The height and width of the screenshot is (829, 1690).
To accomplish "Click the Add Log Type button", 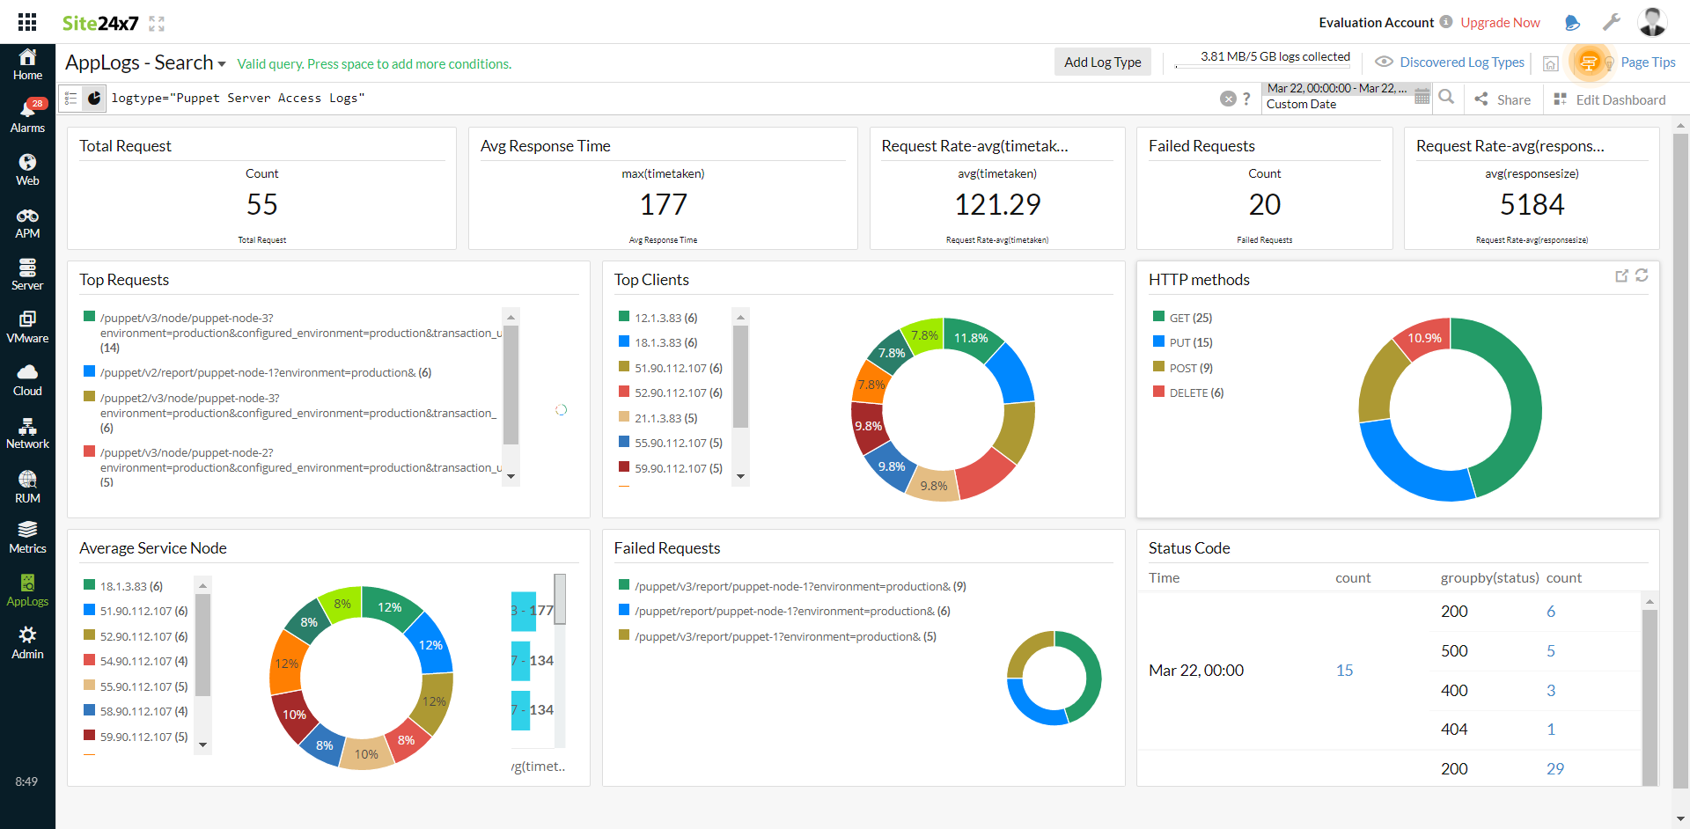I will (x=1102, y=62).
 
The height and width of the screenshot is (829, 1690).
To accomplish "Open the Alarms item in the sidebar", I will (x=27, y=115).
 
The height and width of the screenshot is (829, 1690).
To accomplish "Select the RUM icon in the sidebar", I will (x=27, y=486).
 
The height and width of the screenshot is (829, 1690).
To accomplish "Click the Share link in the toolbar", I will (x=1503, y=99).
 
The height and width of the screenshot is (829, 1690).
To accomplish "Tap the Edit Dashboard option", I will (x=1610, y=99).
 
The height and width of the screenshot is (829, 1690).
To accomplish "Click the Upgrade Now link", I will (x=1500, y=23).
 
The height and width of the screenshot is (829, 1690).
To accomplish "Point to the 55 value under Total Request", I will (x=262, y=204).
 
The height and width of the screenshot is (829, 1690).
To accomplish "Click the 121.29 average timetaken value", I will (x=997, y=204).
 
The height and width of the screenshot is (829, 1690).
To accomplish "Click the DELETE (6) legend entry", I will (x=1195, y=392).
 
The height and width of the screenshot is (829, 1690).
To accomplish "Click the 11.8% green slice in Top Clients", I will (x=971, y=338).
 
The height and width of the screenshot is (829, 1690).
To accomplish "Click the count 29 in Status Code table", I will (x=1554, y=768).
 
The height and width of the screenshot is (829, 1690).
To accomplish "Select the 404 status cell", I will (x=1454, y=729).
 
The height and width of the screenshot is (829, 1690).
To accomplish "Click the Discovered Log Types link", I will (x=1461, y=62).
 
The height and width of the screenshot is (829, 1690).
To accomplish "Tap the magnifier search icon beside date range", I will (x=1446, y=97).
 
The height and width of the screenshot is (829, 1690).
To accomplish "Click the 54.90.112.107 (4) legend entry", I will (x=143, y=661).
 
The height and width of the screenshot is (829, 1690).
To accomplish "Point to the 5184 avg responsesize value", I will (x=1532, y=204).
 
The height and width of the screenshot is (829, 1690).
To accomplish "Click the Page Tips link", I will (x=1648, y=62).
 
